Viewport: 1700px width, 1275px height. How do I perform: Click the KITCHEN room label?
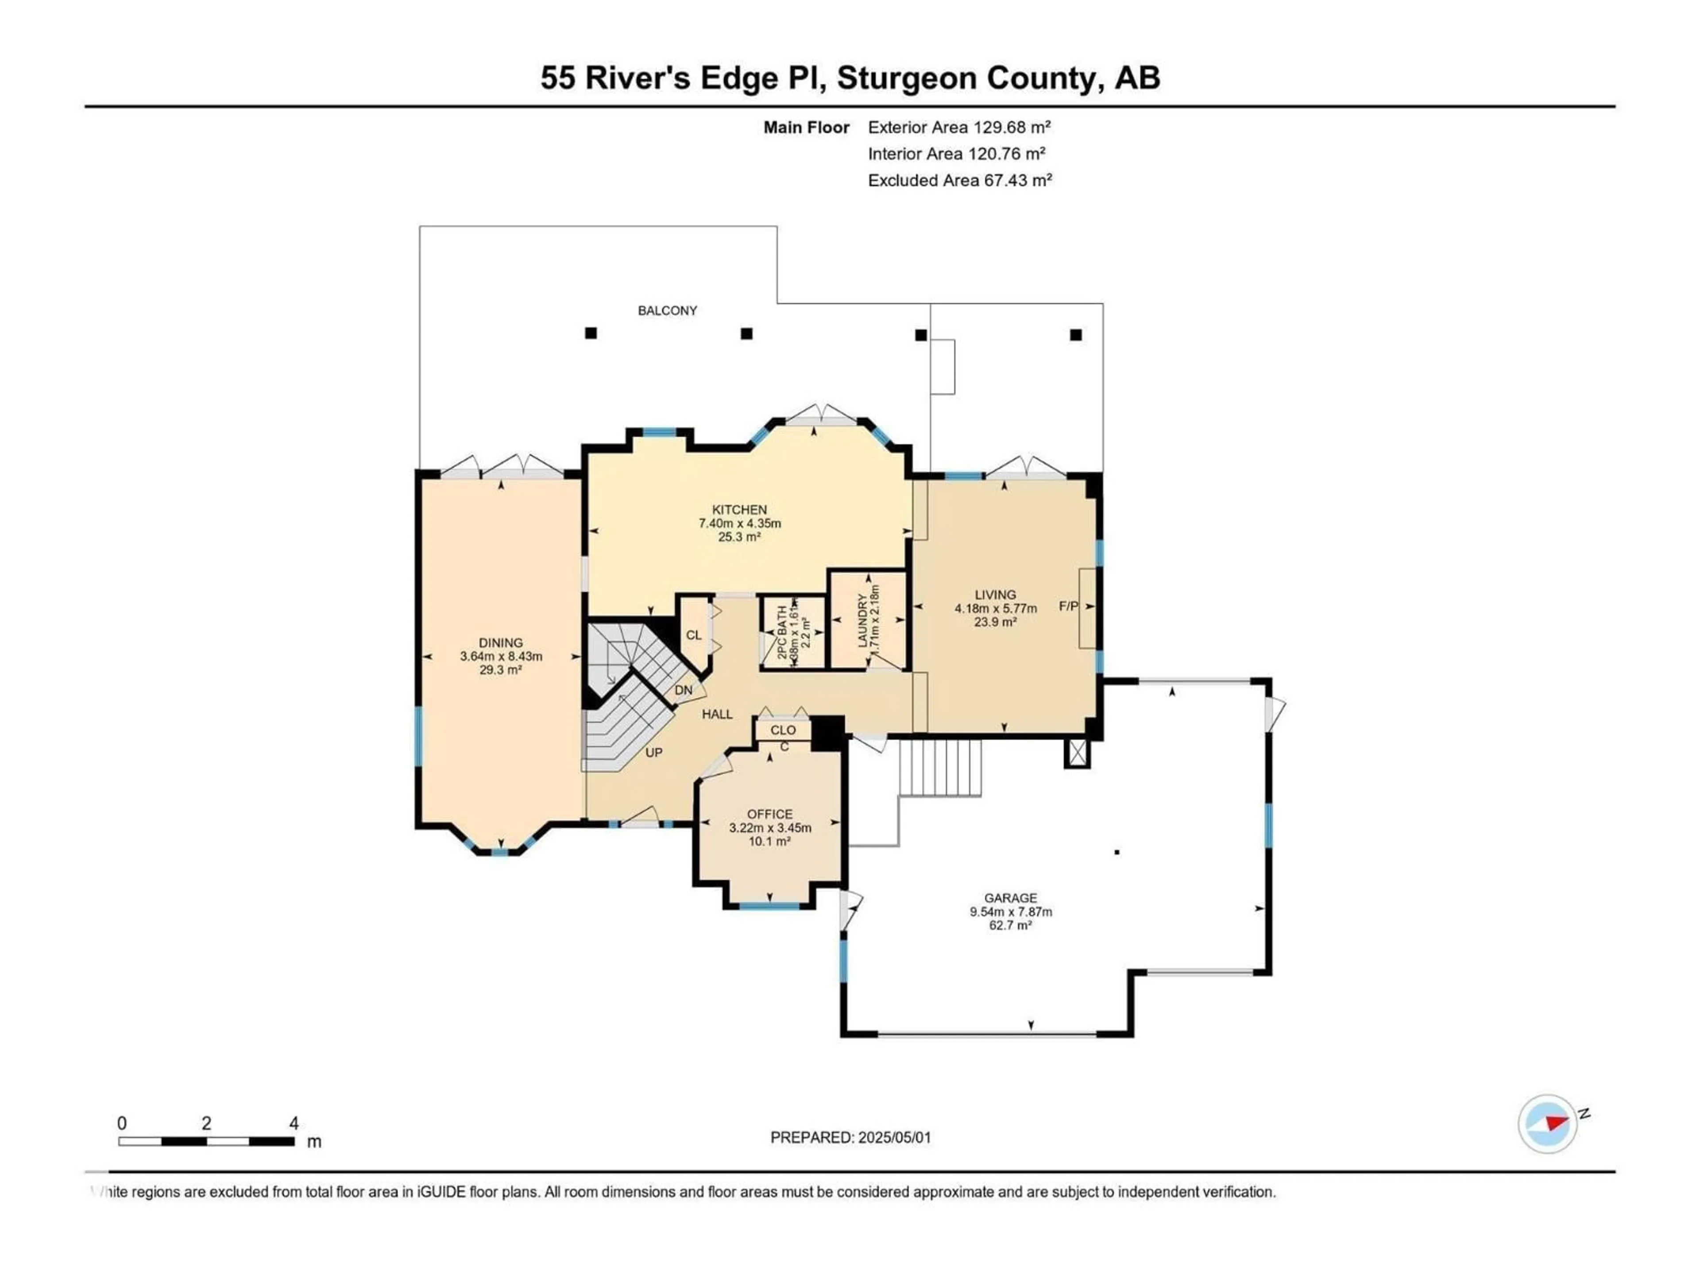738,510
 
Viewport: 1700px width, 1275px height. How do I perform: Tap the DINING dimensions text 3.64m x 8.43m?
501,657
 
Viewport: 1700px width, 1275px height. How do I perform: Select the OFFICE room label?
769,814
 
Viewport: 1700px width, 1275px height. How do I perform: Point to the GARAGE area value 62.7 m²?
1010,925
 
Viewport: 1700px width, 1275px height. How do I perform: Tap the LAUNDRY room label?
862,619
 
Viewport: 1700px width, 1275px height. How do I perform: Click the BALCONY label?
667,310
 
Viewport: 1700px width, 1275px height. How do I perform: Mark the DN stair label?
683,690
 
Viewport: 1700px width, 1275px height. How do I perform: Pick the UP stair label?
653,753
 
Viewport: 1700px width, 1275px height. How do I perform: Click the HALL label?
717,714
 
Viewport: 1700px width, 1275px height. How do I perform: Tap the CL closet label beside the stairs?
693,635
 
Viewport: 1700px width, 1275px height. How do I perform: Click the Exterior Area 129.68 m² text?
958,127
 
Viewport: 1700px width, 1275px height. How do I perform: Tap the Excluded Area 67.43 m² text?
959,181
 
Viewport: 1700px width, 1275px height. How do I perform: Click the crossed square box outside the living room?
1077,753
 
